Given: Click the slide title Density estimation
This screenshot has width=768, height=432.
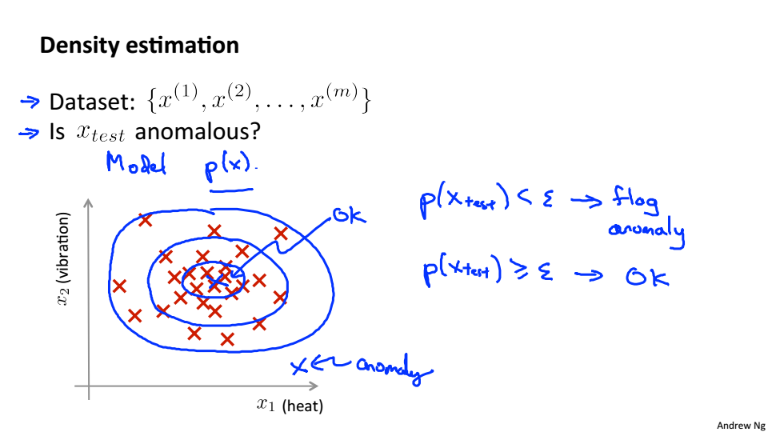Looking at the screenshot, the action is tap(139, 45).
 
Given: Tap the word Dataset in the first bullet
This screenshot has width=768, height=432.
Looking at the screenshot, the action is tap(86, 102).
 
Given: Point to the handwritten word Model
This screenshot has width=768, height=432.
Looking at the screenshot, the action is tap(137, 163).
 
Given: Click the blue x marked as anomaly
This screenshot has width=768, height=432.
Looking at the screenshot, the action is tap(298, 366).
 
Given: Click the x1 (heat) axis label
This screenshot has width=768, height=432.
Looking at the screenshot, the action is tap(290, 406).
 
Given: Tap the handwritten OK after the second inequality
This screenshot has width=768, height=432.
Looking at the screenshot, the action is tap(646, 277).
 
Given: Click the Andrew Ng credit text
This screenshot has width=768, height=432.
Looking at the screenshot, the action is tap(741, 426).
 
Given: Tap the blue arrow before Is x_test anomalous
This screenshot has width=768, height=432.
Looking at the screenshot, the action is tap(29, 133).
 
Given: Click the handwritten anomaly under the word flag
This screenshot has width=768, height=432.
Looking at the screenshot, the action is tap(646, 232).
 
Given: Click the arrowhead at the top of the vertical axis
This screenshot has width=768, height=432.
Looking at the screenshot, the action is tap(89, 205).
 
